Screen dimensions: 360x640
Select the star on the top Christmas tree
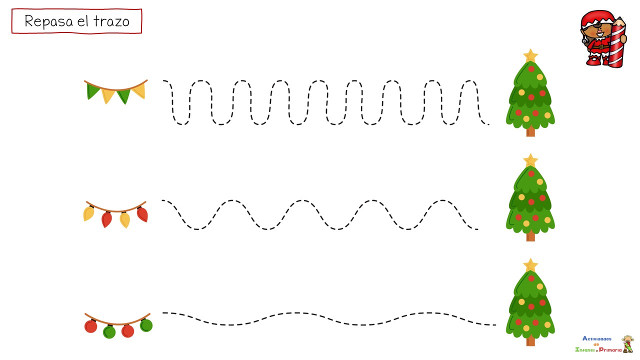pos(530,55)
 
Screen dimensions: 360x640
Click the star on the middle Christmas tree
pos(530,160)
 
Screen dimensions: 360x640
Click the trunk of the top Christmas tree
pos(530,131)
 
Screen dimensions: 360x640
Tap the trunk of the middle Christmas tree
pos(530,236)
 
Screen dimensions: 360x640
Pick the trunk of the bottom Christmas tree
pos(530,341)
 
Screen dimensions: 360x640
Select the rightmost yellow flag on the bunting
pos(139,90)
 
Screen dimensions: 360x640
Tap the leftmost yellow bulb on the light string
pos(89,214)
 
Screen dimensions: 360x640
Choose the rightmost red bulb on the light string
pos(142,214)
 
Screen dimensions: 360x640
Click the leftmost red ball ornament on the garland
pos(91,326)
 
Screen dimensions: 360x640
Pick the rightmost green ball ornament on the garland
pos(146,325)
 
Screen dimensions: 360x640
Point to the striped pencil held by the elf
pos(617,42)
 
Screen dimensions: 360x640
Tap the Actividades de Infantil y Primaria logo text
pos(598,344)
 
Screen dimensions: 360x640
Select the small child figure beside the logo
pos(627,344)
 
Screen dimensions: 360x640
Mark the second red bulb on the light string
pos(142,214)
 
